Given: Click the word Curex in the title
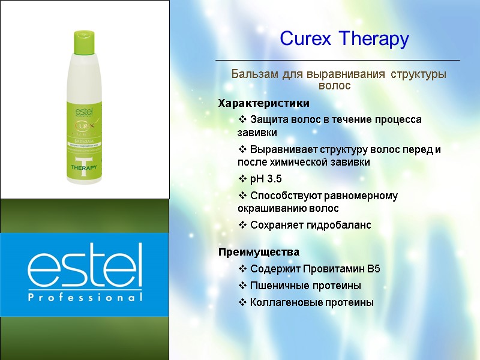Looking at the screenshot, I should pyautogui.click(x=306, y=40).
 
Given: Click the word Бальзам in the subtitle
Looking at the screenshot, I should pyautogui.click(x=255, y=75).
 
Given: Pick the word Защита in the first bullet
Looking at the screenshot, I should pyautogui.click(x=267, y=119).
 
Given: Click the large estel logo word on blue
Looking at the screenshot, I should pyautogui.click(x=84, y=266).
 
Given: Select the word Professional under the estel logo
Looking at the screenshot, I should pyautogui.click(x=84, y=297).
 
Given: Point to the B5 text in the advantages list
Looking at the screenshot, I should pyautogui.click(x=373, y=269).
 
